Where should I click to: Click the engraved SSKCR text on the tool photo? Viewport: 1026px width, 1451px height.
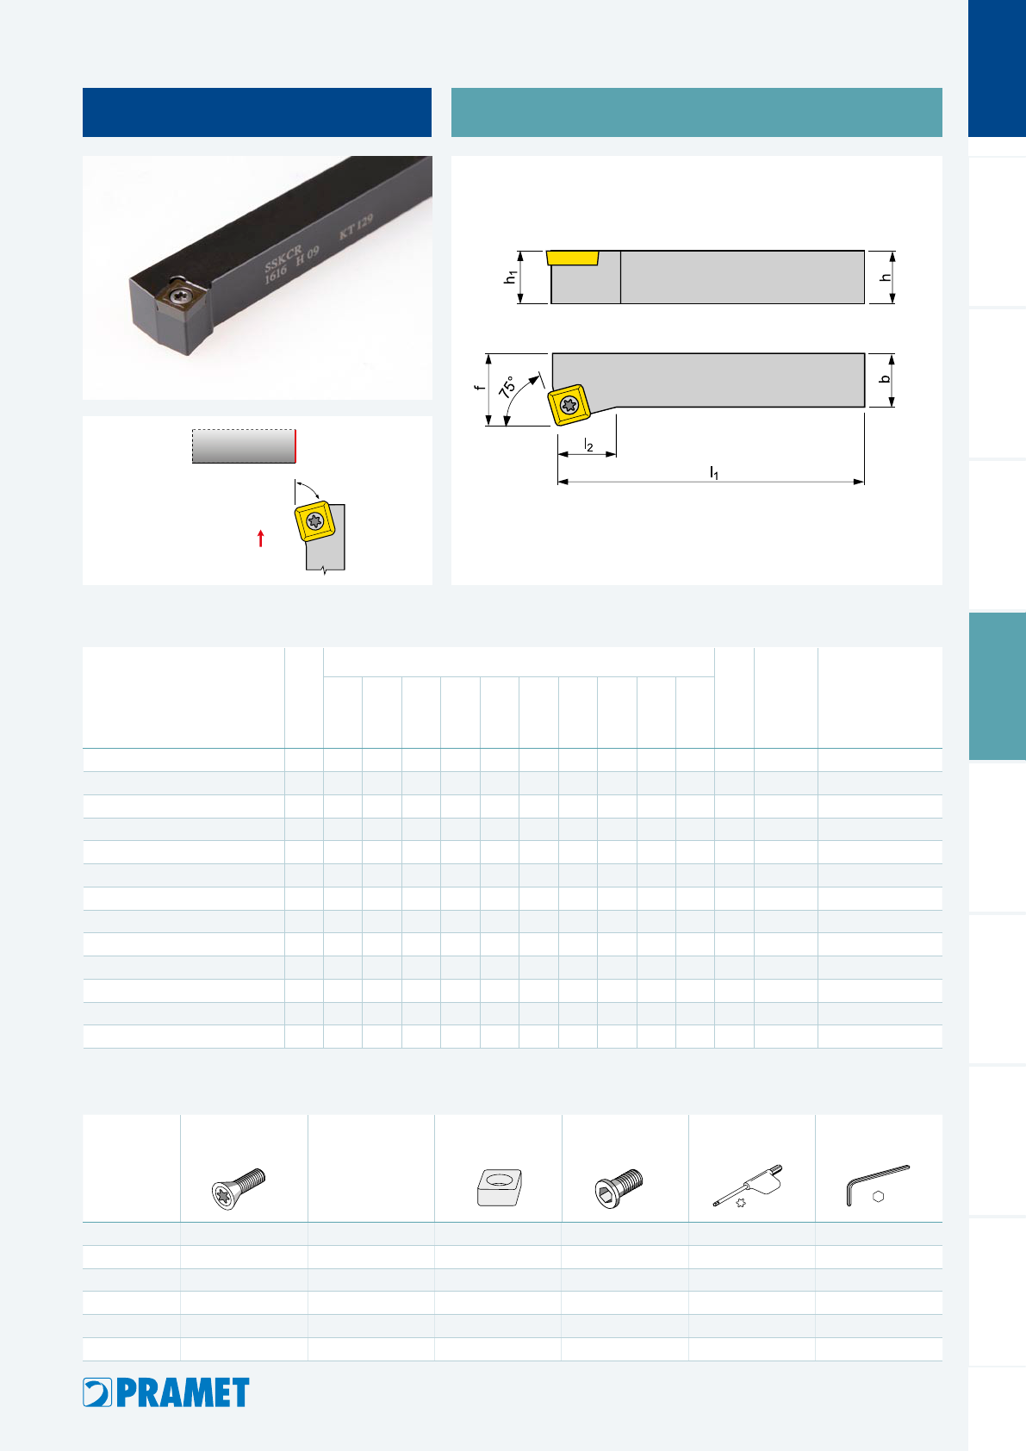283,257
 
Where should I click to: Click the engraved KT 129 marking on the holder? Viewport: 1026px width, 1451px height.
357,226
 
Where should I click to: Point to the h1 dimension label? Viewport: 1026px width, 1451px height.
510,277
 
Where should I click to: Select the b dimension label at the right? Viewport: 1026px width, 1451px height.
885,380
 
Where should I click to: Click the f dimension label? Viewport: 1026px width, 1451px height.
479,388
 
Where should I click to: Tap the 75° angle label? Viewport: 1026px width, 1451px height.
507,386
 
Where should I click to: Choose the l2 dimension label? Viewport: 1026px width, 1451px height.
588,445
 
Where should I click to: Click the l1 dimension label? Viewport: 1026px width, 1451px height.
714,473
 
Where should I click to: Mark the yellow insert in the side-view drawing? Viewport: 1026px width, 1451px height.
573,258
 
